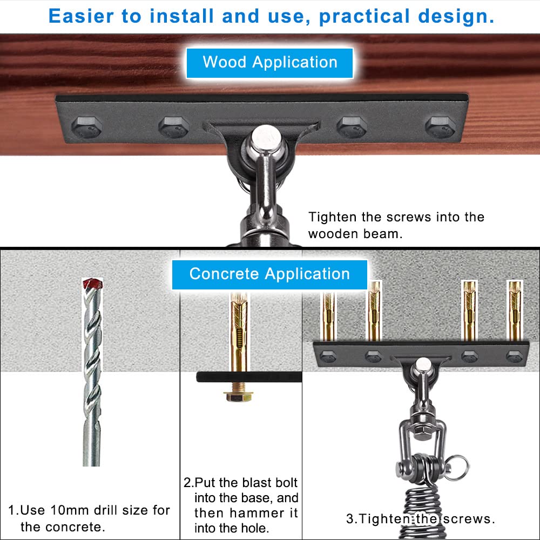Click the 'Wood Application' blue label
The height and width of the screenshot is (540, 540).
[x=270, y=62]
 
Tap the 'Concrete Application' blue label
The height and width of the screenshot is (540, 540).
[x=269, y=274]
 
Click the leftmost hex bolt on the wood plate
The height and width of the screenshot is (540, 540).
[x=86, y=127]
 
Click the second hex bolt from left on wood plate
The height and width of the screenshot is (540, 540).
[x=174, y=127]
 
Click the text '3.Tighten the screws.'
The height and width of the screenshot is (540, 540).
[x=421, y=519]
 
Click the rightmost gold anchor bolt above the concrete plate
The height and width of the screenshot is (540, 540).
[x=514, y=310]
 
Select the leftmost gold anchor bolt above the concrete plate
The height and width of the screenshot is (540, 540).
[x=328, y=316]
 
